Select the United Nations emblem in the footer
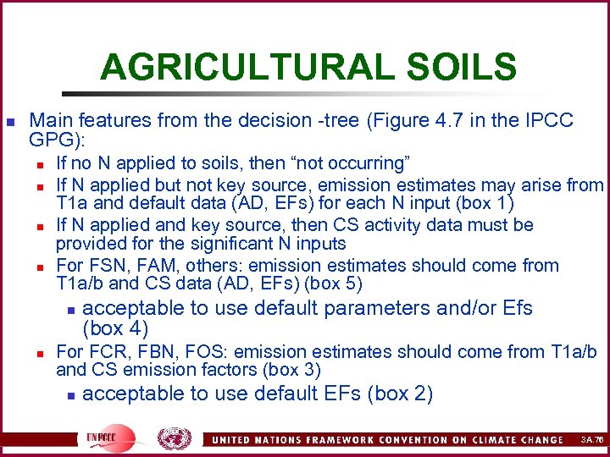tap(175, 438)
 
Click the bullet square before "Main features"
tap(9, 121)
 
